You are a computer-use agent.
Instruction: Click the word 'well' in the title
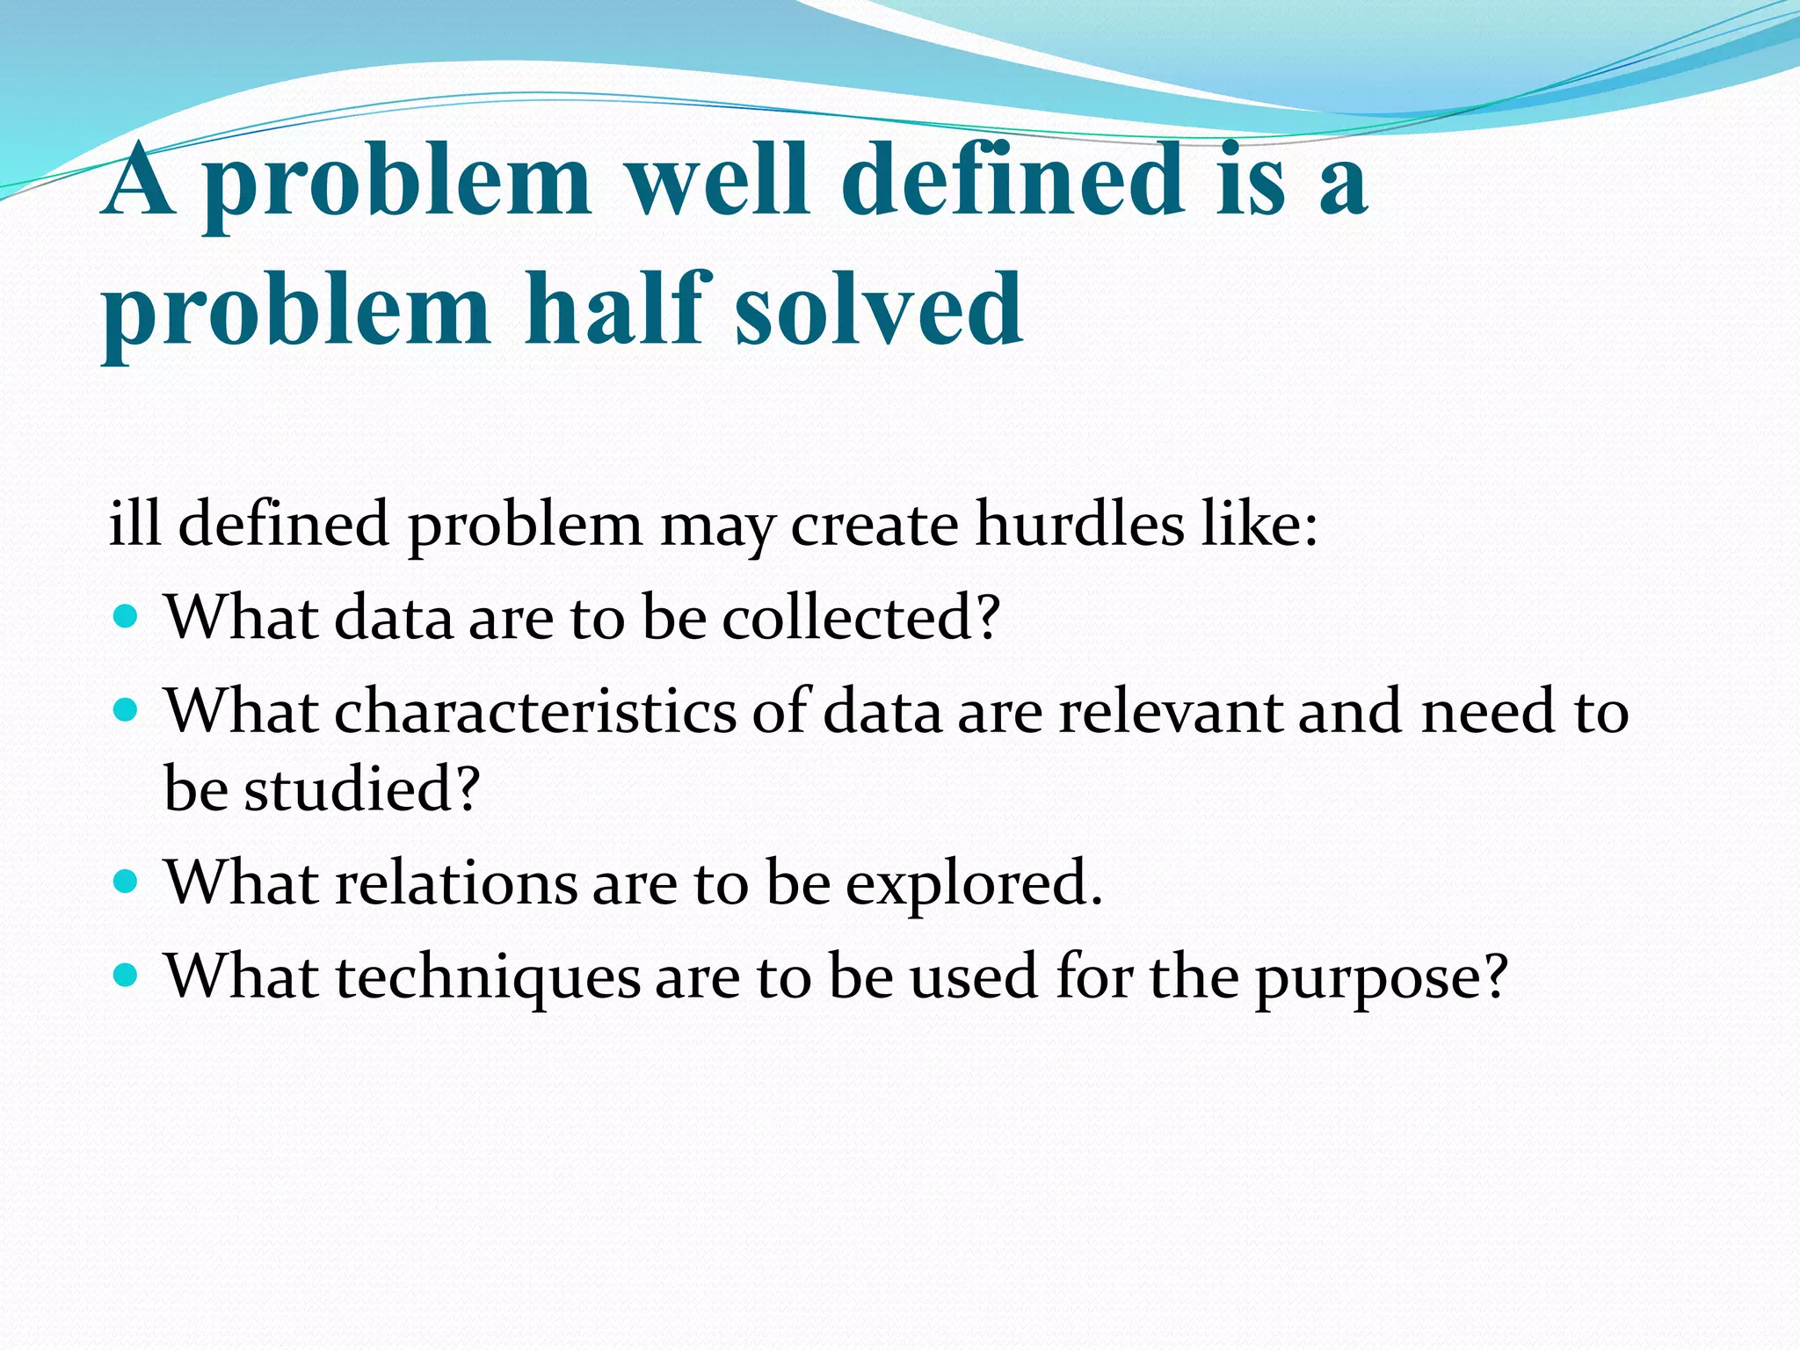click(715, 180)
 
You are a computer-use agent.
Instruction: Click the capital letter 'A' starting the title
click(137, 180)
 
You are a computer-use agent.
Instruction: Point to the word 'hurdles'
click(1080, 525)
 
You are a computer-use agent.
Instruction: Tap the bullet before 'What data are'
click(127, 615)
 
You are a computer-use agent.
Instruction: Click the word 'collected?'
click(861, 618)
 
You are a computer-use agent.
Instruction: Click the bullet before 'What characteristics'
click(127, 708)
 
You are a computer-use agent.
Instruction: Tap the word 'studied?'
click(361, 788)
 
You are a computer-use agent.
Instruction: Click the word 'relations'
click(456, 882)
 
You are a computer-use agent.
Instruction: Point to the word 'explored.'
click(974, 884)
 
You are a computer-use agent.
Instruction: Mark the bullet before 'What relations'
click(127, 881)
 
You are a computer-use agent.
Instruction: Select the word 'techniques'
click(488, 977)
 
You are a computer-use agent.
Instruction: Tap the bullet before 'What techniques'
click(127, 975)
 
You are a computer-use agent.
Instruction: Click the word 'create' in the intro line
click(875, 525)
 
